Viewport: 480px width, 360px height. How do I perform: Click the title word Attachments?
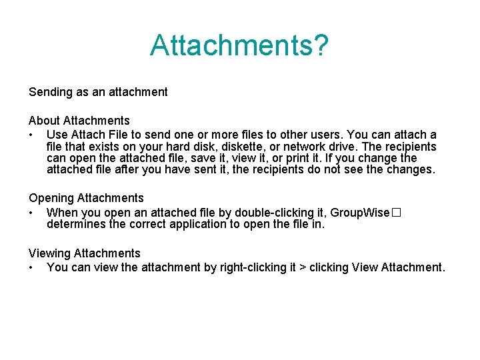[239, 45]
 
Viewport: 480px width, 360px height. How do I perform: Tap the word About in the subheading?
[44, 121]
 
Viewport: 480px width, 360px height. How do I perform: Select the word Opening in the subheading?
[51, 198]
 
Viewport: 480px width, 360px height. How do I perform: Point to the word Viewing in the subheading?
[49, 253]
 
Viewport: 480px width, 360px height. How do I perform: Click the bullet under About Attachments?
[31, 135]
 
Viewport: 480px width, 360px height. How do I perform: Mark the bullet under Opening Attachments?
[31, 213]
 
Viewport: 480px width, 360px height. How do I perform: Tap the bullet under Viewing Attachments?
[31, 268]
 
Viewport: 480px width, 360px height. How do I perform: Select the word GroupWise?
[359, 213]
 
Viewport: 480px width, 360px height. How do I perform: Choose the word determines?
[76, 224]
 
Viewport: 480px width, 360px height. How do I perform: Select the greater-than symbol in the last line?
[303, 268]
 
